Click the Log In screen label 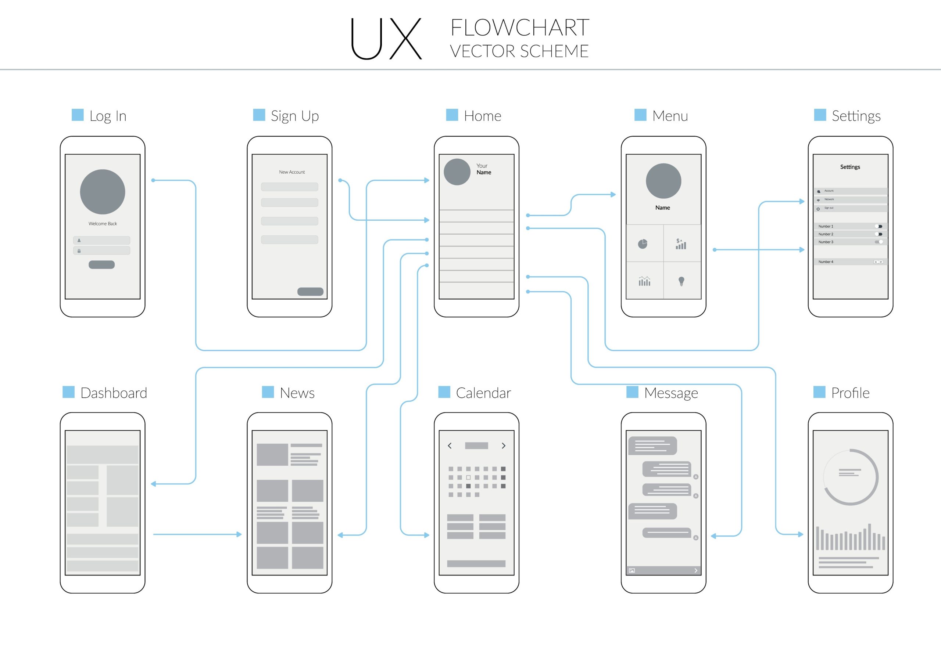pyautogui.click(x=107, y=116)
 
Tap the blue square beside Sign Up pyautogui.click(x=259, y=115)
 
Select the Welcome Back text pyautogui.click(x=103, y=224)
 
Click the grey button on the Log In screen pyautogui.click(x=102, y=265)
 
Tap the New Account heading pyautogui.click(x=292, y=172)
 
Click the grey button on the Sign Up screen pyautogui.click(x=310, y=292)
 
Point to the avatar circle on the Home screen pyautogui.click(x=457, y=172)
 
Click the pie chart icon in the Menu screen pyautogui.click(x=643, y=244)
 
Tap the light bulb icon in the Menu pyautogui.click(x=681, y=281)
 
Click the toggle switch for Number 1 pyautogui.click(x=878, y=226)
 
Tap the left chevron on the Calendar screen pyautogui.click(x=450, y=446)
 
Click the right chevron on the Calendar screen pyautogui.click(x=503, y=446)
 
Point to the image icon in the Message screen pyautogui.click(x=632, y=570)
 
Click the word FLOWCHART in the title pyautogui.click(x=520, y=28)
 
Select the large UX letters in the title pyautogui.click(x=386, y=39)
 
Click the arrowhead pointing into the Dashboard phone pyautogui.click(x=154, y=484)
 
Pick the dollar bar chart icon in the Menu pyautogui.click(x=681, y=244)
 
